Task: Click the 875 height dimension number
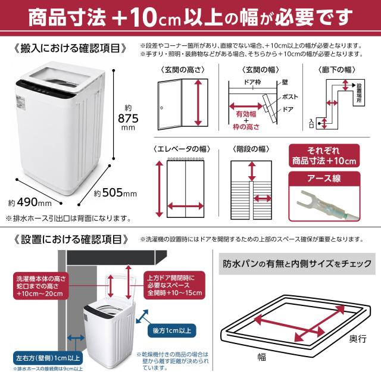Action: point(128,118)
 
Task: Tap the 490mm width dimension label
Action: point(30,202)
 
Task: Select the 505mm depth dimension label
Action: point(115,193)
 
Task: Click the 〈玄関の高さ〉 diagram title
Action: point(183,70)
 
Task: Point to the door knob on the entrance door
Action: point(161,108)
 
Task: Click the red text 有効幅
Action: point(246,114)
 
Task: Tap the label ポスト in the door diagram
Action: point(290,96)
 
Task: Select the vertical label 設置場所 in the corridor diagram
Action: point(359,93)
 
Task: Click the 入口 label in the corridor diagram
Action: point(311,123)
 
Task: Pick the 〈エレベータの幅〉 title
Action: point(182,149)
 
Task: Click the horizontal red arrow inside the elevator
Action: point(186,207)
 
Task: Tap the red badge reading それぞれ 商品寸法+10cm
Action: point(324,155)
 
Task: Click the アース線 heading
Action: point(324,179)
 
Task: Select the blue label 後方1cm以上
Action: point(172,330)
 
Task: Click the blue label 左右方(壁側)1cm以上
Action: point(48,358)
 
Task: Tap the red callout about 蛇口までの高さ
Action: point(41,286)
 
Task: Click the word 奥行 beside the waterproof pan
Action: point(358,339)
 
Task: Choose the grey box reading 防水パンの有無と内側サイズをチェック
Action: point(297,264)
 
